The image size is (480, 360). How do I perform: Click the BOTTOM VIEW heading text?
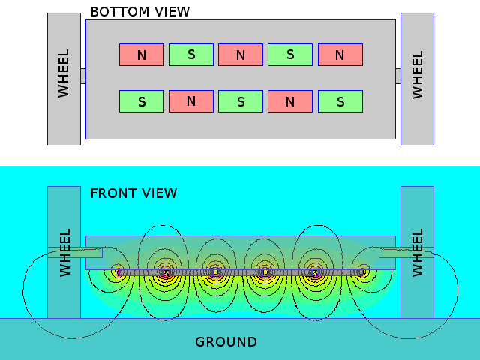139,12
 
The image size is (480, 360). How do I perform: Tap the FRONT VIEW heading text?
133,193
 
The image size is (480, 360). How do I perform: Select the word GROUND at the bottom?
226,342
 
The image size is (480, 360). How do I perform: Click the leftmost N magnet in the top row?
141,55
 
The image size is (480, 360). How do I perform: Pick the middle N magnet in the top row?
241,55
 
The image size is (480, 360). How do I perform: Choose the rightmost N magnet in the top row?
340,55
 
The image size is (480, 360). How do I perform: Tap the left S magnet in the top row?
190,55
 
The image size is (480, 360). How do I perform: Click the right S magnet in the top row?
290,55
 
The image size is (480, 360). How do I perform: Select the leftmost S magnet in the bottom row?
141,101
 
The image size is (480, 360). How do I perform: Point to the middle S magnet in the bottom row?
241,101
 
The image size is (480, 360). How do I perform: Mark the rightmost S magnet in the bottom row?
340,101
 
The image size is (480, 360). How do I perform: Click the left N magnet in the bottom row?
190,101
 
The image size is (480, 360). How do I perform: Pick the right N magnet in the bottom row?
290,101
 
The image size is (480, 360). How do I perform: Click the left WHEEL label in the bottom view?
64,73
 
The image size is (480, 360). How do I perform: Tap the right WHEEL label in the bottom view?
418,73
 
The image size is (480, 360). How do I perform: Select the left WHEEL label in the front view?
64,252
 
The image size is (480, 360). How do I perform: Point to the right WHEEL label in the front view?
418,252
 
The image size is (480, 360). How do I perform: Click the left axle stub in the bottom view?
83,76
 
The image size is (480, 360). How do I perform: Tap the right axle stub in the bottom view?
398,76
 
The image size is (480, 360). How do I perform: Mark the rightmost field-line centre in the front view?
363,270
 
